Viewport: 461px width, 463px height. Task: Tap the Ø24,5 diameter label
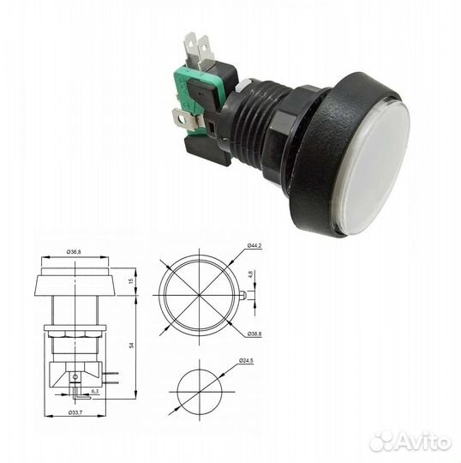pos(247,360)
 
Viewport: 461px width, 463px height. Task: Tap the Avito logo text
pos(421,441)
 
